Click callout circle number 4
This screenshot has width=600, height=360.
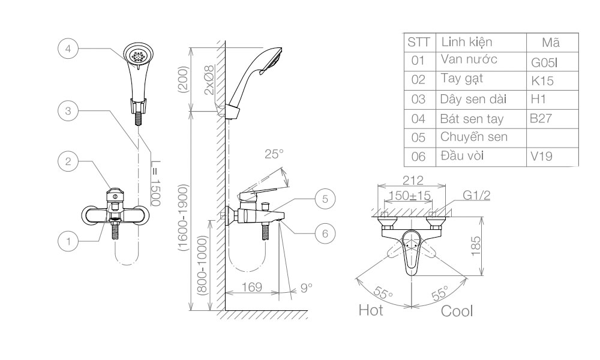[68, 49]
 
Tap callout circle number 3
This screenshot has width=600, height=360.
[68, 110]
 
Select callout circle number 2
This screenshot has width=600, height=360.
[68, 161]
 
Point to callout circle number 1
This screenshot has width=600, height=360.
[68, 241]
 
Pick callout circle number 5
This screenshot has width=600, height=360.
[325, 199]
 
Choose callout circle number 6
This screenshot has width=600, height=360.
[325, 233]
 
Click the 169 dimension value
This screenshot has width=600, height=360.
[252, 287]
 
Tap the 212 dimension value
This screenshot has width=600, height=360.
[413, 180]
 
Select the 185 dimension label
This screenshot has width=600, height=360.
[475, 245]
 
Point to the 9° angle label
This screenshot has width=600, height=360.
[307, 287]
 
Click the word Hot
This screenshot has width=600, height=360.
[371, 311]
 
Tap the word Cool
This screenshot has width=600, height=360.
[457, 311]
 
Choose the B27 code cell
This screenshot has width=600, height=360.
[541, 119]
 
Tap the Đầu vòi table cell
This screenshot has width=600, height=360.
[463, 156]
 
